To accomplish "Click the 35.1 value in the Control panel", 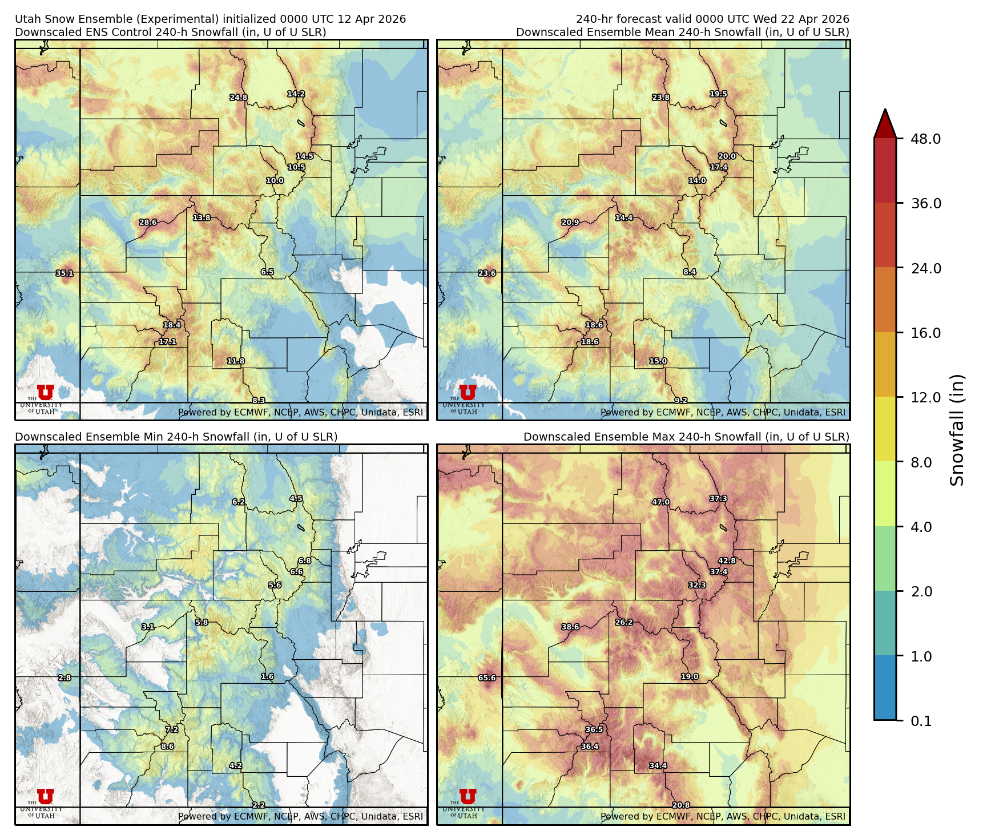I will point(65,273).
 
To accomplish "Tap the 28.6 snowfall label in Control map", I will point(148,223).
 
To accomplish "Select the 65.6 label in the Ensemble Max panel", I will point(487,678).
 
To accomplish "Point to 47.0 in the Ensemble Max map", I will point(660,502).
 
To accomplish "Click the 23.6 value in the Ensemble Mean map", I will point(487,273).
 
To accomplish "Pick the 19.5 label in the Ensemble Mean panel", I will point(718,94).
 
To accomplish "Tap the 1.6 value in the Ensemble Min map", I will point(267,677).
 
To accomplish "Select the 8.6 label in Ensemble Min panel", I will point(167,747).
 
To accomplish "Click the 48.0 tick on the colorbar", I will point(925,139).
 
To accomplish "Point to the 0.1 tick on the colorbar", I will point(921,721).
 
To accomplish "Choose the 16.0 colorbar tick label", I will point(925,333).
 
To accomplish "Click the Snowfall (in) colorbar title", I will point(957,430).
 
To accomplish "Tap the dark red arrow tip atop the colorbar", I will point(885,121).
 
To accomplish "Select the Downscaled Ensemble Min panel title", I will point(176,437).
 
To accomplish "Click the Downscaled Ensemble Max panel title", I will point(686,437).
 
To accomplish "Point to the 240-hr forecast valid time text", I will point(712,19).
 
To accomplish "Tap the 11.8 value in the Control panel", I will point(236,361).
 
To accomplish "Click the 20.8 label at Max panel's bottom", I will point(680,805).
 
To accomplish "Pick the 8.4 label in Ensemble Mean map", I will point(690,272).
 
